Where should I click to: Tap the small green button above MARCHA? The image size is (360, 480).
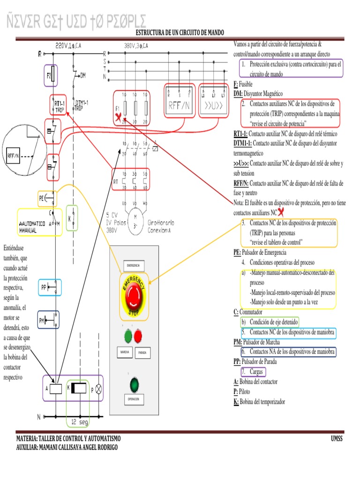[x=127, y=336]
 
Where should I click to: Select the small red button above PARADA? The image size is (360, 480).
[x=138, y=336]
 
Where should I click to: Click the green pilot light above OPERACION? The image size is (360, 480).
[x=135, y=385]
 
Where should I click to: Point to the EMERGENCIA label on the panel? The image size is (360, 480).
[x=134, y=266]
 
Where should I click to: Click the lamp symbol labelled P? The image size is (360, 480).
[x=98, y=388]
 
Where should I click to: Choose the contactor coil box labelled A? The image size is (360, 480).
[x=56, y=388]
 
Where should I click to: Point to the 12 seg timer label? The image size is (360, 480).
[x=80, y=422]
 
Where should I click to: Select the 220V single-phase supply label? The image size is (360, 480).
[x=68, y=45]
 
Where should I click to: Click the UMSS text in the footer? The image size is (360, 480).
[x=337, y=438]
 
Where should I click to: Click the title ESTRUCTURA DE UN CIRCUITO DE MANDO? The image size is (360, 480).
[x=180, y=32]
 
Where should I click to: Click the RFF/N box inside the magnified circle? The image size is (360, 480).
[x=13, y=155]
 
